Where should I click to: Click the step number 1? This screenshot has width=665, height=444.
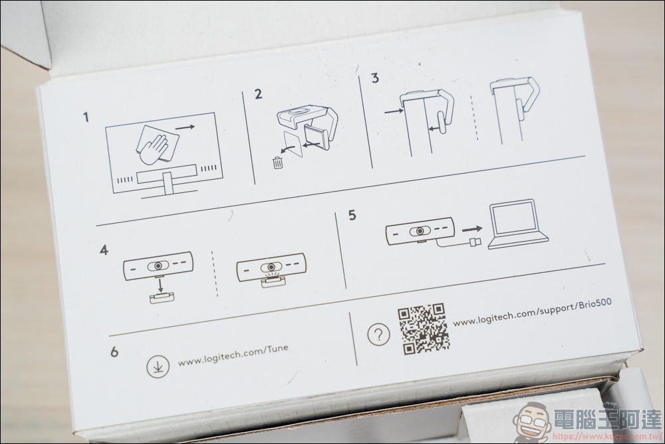tap(86, 116)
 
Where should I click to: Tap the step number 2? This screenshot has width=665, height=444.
tap(258, 94)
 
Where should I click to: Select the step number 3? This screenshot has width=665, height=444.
tap(375, 78)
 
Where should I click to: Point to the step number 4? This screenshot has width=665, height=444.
tap(104, 250)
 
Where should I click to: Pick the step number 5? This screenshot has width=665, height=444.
tap(352, 215)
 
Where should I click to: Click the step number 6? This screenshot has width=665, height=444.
tap(114, 352)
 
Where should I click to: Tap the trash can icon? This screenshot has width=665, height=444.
tap(278, 162)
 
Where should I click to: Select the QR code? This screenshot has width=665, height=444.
tap(423, 328)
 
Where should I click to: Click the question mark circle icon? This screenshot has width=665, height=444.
tap(378, 334)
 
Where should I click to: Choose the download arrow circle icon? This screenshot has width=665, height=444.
tap(158, 366)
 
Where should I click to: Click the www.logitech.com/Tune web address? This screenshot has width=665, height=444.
tap(233, 355)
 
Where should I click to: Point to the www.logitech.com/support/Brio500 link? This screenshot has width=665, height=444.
tap(532, 312)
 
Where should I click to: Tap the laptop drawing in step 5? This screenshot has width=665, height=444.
tap(517, 224)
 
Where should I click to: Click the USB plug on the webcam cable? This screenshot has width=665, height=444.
tap(474, 243)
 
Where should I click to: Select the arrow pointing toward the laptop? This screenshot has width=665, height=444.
tap(472, 229)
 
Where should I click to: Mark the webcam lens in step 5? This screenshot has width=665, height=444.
tap(420, 232)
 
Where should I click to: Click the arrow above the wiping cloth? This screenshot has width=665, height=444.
tap(185, 126)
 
